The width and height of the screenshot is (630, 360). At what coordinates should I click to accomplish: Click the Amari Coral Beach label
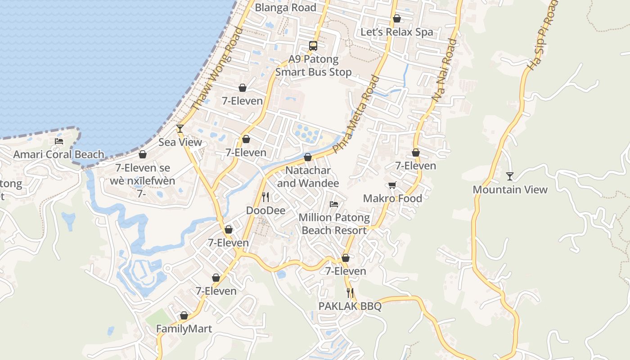(x=58, y=155)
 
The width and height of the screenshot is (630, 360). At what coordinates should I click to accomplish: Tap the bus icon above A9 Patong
(x=313, y=45)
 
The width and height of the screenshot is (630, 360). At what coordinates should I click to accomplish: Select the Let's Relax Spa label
(x=396, y=32)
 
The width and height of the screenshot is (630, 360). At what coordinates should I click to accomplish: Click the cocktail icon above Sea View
(x=180, y=129)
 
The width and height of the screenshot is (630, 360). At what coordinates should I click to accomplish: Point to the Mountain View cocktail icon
(x=509, y=176)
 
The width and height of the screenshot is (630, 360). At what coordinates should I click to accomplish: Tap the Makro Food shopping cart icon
(x=392, y=185)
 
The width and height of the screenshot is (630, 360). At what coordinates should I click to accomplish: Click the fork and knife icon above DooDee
(x=265, y=197)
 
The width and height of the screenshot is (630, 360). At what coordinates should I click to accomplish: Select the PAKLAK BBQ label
(x=350, y=306)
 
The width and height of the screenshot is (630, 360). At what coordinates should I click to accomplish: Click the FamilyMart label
(x=184, y=329)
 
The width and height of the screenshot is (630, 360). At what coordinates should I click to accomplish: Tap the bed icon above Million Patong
(x=334, y=204)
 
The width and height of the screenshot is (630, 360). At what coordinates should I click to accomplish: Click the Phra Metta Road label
(x=356, y=115)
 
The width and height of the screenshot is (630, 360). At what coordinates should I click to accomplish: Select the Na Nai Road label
(x=444, y=70)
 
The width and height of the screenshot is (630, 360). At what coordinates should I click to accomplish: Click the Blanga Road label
(x=285, y=8)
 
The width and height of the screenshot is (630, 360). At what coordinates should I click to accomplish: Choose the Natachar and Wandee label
(x=308, y=177)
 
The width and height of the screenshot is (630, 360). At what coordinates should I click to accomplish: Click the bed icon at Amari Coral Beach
(x=59, y=141)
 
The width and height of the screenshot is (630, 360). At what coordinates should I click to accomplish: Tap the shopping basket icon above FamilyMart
(x=184, y=316)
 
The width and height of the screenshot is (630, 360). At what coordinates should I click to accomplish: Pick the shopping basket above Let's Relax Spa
(x=396, y=18)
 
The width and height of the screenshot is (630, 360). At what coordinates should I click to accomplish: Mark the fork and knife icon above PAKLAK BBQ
(x=350, y=293)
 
